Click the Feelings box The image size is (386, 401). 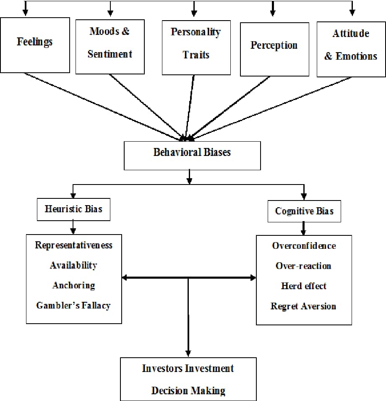point(35,45)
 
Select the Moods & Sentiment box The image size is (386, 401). point(110,46)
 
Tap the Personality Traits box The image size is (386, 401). point(196,47)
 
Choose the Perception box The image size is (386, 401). point(274,49)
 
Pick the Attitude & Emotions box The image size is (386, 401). point(351,49)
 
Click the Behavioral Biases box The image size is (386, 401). point(192,155)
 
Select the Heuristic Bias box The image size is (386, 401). point(73,209)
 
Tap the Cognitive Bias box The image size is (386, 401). point(304,211)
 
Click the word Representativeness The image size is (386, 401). point(74,245)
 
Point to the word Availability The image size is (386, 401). point(73,265)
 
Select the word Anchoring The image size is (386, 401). point(74,285)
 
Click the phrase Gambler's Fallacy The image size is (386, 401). point(73,306)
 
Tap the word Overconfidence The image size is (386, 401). point(304,246)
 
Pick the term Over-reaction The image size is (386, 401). point(303,266)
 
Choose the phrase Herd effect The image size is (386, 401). point(304,286)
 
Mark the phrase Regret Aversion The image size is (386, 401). point(303,306)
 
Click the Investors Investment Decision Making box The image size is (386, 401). point(188,379)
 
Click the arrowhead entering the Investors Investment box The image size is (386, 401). point(188,353)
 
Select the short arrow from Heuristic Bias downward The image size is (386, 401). point(73,227)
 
